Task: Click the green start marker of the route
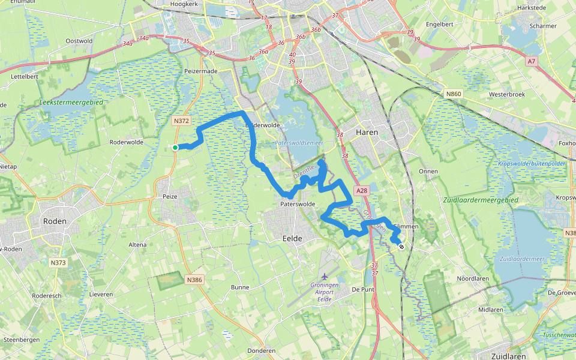tap(175, 148)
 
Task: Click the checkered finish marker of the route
tap(401, 246)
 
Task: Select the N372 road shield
tap(181, 121)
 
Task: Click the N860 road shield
tap(454, 94)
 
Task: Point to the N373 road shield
tap(58, 263)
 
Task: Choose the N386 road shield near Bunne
tap(194, 280)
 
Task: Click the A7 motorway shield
tap(532, 61)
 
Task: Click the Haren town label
tap(367, 133)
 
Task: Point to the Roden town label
tap(55, 221)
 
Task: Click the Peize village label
tap(171, 196)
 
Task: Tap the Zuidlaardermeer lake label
tap(521, 259)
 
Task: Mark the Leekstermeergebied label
tap(71, 103)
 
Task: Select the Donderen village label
tap(261, 351)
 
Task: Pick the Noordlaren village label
tap(473, 278)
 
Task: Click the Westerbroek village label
tap(507, 94)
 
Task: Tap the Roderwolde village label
tap(127, 142)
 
